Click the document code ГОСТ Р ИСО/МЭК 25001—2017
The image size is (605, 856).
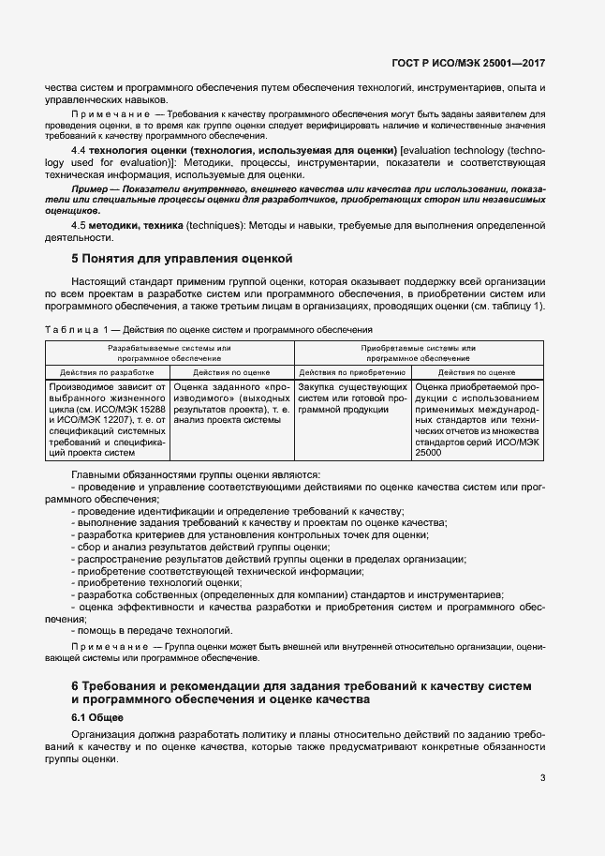coord(468,64)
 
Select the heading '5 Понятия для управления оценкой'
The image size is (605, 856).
coord(184,257)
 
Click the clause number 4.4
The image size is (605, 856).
coord(80,150)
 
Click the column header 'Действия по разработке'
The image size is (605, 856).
coord(108,371)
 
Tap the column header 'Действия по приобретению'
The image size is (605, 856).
coord(352,371)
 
